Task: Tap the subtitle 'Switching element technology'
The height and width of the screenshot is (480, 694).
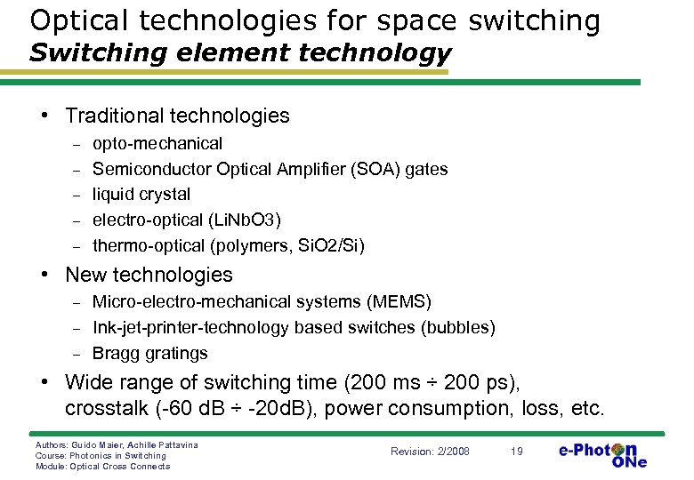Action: coord(240,53)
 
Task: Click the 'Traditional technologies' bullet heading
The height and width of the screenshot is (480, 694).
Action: coord(177,116)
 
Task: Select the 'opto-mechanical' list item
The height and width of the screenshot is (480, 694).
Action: coord(157,143)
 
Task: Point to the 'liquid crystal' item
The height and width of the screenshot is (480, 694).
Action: coord(141,194)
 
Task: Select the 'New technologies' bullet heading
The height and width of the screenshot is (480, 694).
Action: coord(149,276)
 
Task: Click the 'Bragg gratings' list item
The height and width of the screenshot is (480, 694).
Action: coord(150,353)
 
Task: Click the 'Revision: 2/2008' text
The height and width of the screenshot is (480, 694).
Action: coord(430,452)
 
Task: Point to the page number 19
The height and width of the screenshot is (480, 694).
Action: coord(517,452)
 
